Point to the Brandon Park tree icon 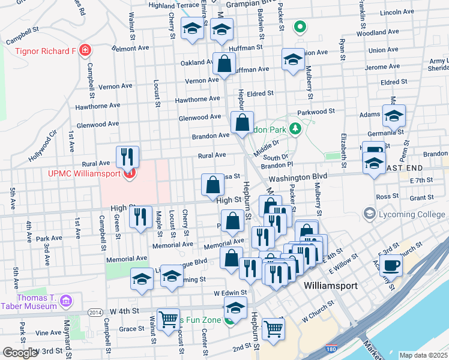pyautogui.click(x=295, y=128)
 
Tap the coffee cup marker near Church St pyautogui.click(x=391, y=265)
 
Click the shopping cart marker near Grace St pyautogui.click(x=168, y=318)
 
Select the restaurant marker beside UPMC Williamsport pyautogui.click(x=127, y=157)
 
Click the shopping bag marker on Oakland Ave pyautogui.click(x=224, y=64)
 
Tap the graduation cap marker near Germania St pyautogui.click(x=394, y=116)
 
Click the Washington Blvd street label pyautogui.click(x=297, y=178)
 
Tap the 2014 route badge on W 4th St pyautogui.click(x=95, y=312)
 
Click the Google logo pyautogui.click(x=20, y=353)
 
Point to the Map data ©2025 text pyautogui.click(x=423, y=355)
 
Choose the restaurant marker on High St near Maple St pyautogui.click(x=140, y=217)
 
